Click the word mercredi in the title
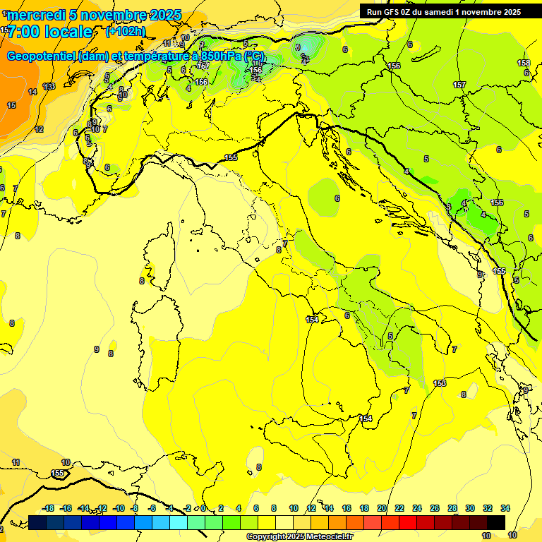pyautogui.click(x=36, y=15)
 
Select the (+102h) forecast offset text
pyautogui.click(x=126, y=32)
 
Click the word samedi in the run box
pyautogui.click(x=444, y=11)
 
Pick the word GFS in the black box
pyautogui.click(x=393, y=11)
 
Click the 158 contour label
pyautogui.click(x=523, y=63)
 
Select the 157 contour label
pyautogui.click(x=459, y=85)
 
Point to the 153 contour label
pyautogui.click(x=440, y=383)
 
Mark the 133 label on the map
pyautogui.click(x=49, y=86)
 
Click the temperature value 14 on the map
pyautogui.click(x=32, y=92)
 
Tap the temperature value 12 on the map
pyautogui.click(x=39, y=129)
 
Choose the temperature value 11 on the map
pyautogui.click(x=16, y=462)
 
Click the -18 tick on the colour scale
pyautogui.click(x=48, y=508)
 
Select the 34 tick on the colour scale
pyautogui.click(x=505, y=508)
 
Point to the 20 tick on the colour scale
pyautogui.click(x=382, y=508)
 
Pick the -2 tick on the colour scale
pyautogui.click(x=187, y=508)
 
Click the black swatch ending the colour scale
pyautogui.click(x=496, y=522)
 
